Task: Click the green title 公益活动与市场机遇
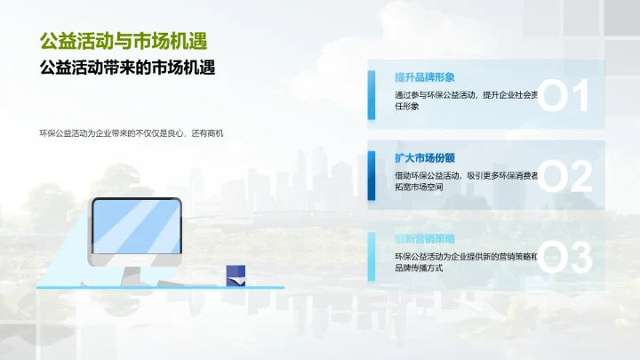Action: pyautogui.click(x=130, y=41)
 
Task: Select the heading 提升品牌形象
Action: pyautogui.click(x=425, y=77)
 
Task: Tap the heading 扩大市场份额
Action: pyautogui.click(x=425, y=157)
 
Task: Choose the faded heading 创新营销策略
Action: pyautogui.click(x=425, y=238)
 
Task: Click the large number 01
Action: pyautogui.click(x=564, y=96)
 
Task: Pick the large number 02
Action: pyautogui.click(x=564, y=177)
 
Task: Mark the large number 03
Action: pyautogui.click(x=564, y=258)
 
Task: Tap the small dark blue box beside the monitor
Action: pyautogui.click(x=236, y=275)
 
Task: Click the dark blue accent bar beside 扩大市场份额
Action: pyautogui.click(x=372, y=176)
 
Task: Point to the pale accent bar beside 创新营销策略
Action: pyautogui.click(x=372, y=256)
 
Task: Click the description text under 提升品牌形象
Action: pyautogui.click(x=466, y=100)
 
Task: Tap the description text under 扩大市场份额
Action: pyautogui.click(x=466, y=181)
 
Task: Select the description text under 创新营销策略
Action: pyautogui.click(x=466, y=262)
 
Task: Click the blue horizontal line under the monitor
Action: pyautogui.click(x=160, y=288)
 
